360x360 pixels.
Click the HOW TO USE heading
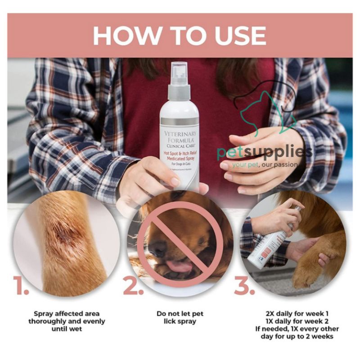click(180, 36)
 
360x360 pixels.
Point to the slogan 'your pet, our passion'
click(265, 165)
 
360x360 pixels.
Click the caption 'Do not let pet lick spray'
click(179, 317)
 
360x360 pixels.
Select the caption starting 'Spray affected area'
click(67, 321)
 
